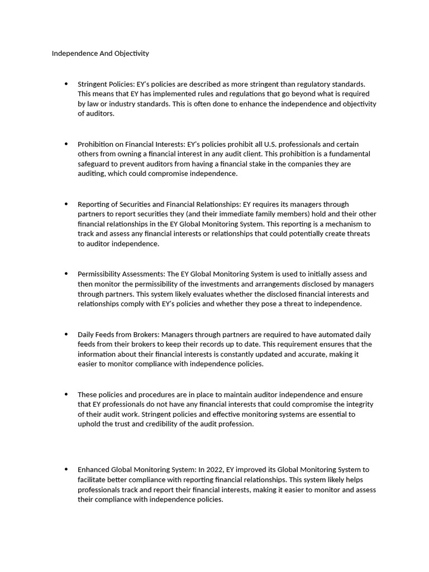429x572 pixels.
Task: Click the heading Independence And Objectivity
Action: click(x=101, y=54)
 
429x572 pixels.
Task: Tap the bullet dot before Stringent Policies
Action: click(x=66, y=84)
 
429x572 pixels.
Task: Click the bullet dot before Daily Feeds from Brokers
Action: click(x=66, y=334)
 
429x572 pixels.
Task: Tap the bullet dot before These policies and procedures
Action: click(x=66, y=394)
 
